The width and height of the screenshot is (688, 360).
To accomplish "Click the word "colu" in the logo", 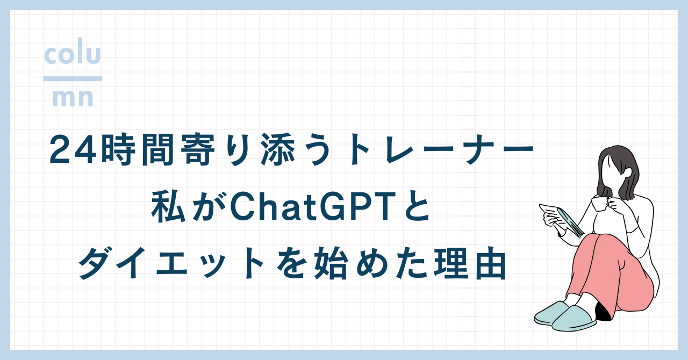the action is coord(73,51).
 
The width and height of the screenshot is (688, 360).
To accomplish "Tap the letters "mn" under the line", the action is coord(73,98).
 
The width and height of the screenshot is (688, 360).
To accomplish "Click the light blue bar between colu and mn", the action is coord(73,78).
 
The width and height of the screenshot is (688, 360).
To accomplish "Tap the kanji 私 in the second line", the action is coord(168,206).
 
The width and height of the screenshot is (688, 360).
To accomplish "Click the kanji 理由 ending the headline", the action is coord(470,263).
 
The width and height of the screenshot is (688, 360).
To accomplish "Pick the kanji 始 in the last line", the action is coord(332,263).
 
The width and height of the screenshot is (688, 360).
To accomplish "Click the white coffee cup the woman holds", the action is coord(599,203).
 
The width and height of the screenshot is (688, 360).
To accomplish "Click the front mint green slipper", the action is coord(574,319).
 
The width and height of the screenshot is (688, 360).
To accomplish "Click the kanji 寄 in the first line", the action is coord(197,150).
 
